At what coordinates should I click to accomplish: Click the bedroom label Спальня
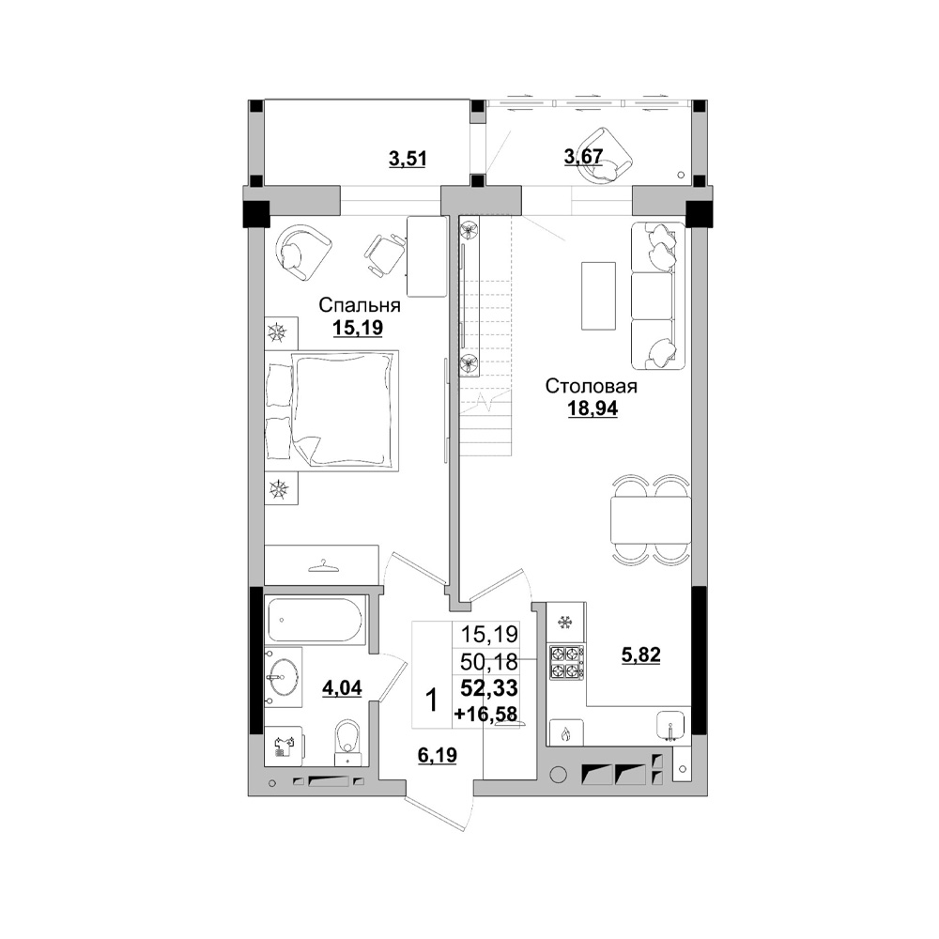tap(360, 305)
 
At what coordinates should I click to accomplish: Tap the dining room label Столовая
tap(591, 386)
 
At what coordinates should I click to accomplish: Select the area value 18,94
tap(593, 408)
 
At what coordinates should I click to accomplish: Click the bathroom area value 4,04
tap(342, 688)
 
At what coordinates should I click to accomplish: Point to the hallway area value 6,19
tap(438, 756)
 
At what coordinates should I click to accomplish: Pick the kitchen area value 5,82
tap(640, 655)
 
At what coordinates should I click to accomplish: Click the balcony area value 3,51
tap(408, 160)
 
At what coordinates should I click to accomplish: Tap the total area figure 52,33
tap(489, 688)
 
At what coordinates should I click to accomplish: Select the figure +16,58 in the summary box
tap(485, 714)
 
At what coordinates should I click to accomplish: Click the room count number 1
tap(431, 700)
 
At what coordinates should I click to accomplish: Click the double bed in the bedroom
tap(331, 411)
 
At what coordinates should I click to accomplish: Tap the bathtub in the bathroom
tap(315, 621)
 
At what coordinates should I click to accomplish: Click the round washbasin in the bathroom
tap(283, 677)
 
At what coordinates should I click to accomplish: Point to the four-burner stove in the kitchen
tap(566, 662)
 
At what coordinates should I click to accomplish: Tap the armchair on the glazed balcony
tap(604, 156)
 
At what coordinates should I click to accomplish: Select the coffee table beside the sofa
tap(598, 295)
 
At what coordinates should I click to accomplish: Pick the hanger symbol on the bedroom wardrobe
tap(321, 565)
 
